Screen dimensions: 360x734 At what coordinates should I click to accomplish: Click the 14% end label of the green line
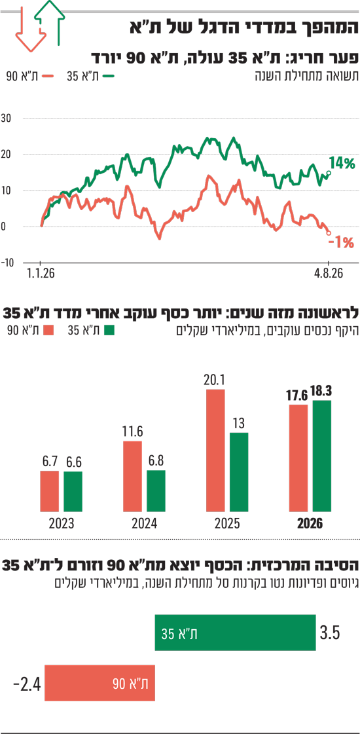pyautogui.click(x=342, y=164)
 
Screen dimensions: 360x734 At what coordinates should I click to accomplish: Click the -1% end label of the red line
pyautogui.click(x=341, y=243)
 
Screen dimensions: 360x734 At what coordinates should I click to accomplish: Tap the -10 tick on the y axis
pyautogui.click(x=7, y=262)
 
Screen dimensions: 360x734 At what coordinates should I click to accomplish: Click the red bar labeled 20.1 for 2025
pyautogui.click(x=215, y=450)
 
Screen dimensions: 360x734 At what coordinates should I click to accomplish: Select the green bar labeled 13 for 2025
pyautogui.click(x=239, y=472)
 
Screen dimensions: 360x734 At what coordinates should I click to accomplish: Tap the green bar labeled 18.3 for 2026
pyautogui.click(x=321, y=456)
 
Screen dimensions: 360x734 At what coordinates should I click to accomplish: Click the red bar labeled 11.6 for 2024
pyautogui.click(x=132, y=476)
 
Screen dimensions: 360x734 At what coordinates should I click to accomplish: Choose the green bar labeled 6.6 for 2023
pyautogui.click(x=73, y=492)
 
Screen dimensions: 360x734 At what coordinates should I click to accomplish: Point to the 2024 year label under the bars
pyautogui.click(x=144, y=523)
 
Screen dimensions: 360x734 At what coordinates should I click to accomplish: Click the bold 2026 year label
pyautogui.click(x=310, y=523)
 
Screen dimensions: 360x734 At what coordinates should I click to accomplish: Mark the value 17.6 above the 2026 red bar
pyautogui.click(x=297, y=395)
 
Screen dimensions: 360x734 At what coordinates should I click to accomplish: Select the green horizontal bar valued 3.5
pyautogui.click(x=236, y=633)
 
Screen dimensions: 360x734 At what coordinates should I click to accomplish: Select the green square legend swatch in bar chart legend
pyautogui.click(x=109, y=330)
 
